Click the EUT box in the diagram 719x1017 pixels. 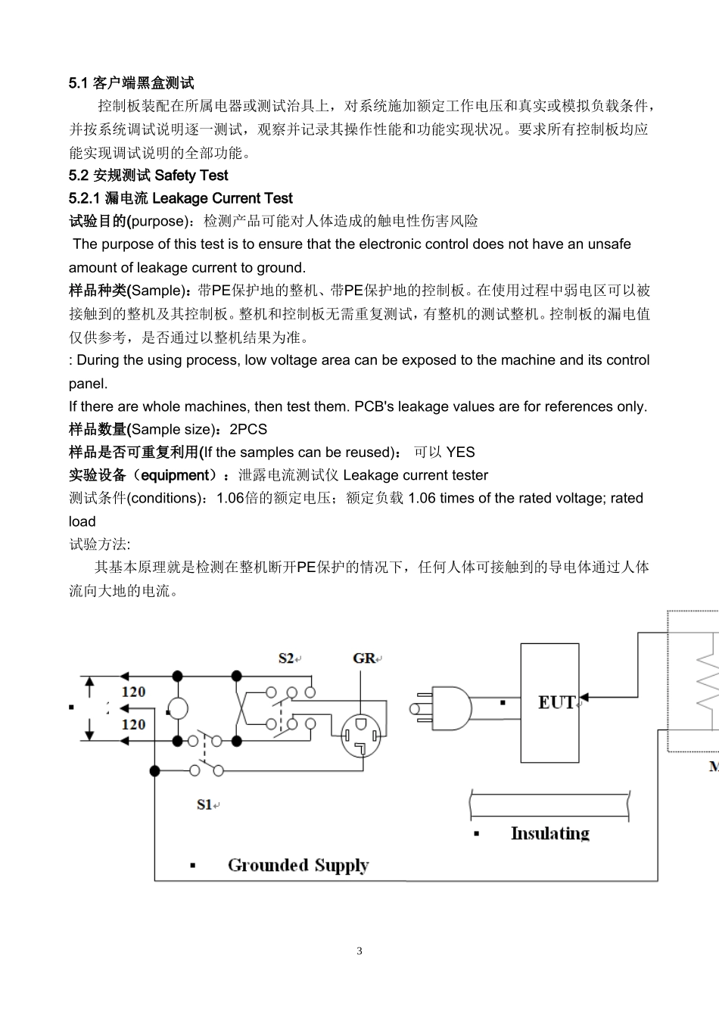[549, 702]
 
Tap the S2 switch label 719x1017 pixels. [287, 658]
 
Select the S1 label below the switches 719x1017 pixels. [205, 804]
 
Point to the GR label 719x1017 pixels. [364, 658]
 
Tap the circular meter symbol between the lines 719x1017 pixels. [177, 709]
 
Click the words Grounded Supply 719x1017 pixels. [298, 865]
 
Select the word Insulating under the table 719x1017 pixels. [549, 833]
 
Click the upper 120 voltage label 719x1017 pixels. [133, 692]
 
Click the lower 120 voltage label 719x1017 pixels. [133, 724]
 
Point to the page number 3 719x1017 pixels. [359, 951]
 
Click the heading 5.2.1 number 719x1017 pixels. [85, 198]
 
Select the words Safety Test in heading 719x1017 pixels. [191, 176]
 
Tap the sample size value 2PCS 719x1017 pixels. [248, 429]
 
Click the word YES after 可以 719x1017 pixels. [460, 453]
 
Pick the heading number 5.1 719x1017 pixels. [79, 82]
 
